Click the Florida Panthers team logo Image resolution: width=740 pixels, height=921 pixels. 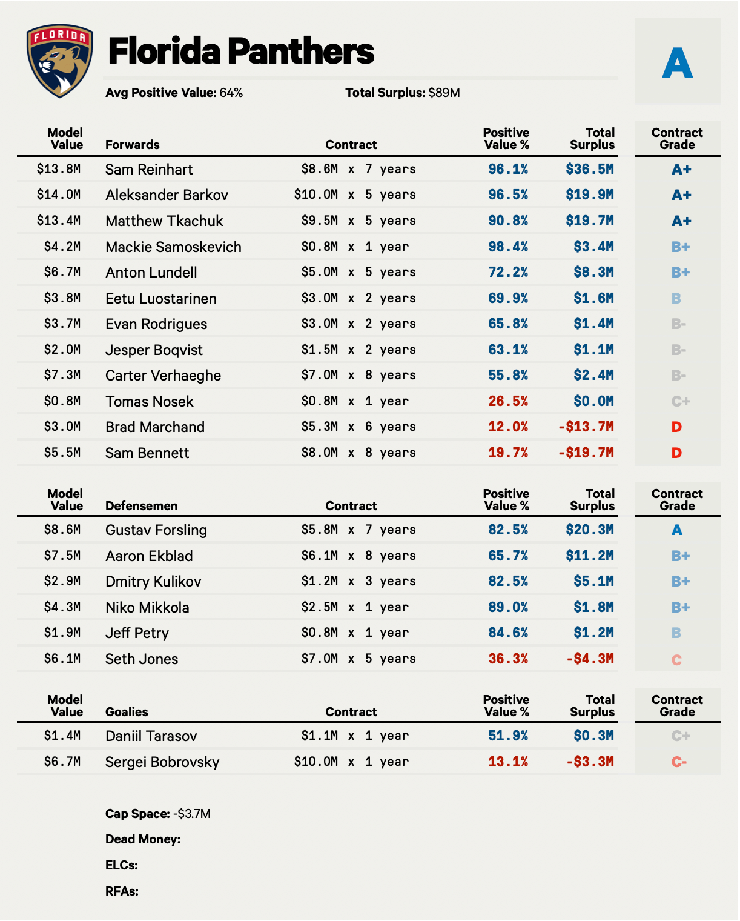tap(60, 61)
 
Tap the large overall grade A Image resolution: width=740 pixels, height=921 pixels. tap(677, 63)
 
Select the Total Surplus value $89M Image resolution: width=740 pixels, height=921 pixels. tap(444, 93)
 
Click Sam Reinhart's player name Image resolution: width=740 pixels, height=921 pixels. tap(149, 169)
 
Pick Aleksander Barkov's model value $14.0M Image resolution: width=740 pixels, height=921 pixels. tap(59, 195)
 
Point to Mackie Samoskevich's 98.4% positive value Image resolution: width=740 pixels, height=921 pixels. tap(508, 247)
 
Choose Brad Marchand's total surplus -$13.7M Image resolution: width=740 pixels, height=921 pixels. tap(586, 427)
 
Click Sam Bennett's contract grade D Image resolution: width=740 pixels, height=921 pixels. tap(676, 453)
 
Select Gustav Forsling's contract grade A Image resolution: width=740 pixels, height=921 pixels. tap(676, 530)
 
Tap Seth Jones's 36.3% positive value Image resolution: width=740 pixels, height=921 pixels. tap(508, 659)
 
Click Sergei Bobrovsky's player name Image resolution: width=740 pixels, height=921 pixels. tap(162, 762)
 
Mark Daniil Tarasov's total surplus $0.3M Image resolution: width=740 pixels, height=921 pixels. tap(593, 736)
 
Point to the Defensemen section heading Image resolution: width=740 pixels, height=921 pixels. tap(141, 506)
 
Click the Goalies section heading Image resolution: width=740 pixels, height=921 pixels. tap(127, 712)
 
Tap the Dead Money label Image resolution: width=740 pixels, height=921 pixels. tap(143, 839)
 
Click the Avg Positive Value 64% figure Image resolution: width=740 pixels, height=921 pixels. tap(231, 93)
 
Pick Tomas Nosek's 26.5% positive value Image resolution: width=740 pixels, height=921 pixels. tap(508, 401)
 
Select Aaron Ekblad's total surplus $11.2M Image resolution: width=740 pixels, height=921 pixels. tap(590, 556)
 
